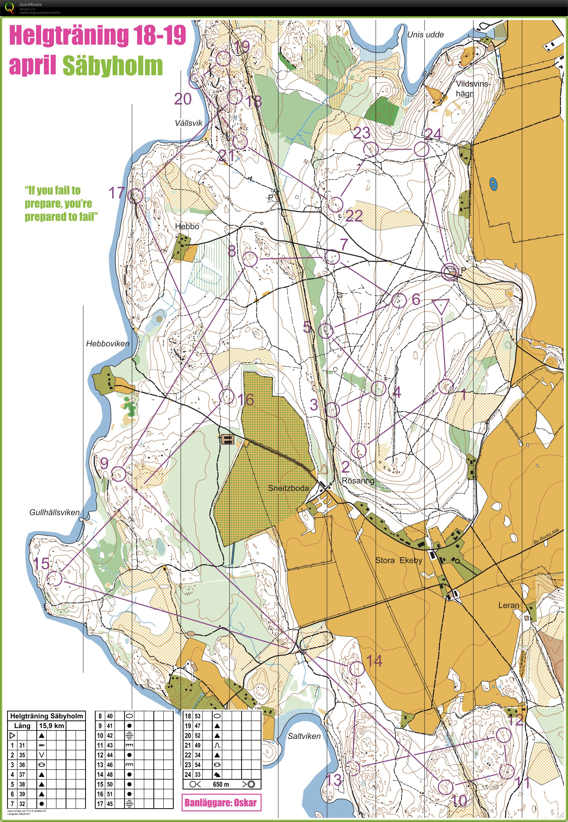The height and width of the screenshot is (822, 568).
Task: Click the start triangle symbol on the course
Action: [x=441, y=306]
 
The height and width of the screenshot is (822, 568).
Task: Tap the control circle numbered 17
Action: [x=135, y=196]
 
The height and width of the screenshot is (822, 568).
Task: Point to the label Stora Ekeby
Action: [x=399, y=560]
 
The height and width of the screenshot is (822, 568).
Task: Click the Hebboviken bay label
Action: [x=108, y=343]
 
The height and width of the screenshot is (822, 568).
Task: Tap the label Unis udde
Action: [x=425, y=34]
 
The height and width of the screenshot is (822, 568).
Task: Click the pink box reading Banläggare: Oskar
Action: [x=221, y=802]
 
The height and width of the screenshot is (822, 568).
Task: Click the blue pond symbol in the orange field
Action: [x=493, y=183]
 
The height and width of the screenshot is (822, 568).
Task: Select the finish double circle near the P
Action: [x=450, y=272]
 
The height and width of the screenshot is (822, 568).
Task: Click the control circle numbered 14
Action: [x=356, y=669]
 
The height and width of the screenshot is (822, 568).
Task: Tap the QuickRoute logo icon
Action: [x=10, y=7]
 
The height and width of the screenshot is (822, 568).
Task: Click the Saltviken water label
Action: [x=304, y=736]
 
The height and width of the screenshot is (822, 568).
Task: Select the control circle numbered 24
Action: [x=421, y=149]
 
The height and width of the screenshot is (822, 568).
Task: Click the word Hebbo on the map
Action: [x=187, y=226]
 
